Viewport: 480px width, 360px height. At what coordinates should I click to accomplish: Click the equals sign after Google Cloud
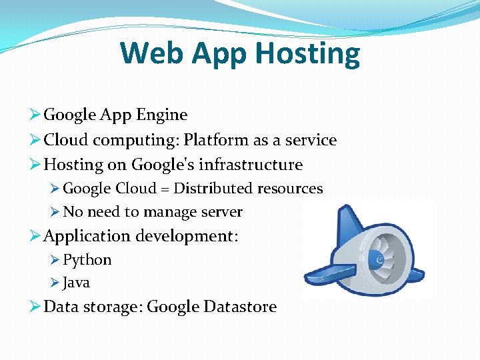(x=164, y=189)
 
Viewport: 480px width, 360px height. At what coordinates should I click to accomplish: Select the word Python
(x=87, y=260)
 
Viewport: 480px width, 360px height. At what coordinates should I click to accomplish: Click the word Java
(x=76, y=283)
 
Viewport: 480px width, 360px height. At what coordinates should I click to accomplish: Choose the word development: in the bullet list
(x=187, y=237)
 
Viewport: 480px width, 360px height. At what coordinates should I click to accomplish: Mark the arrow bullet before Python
(x=55, y=260)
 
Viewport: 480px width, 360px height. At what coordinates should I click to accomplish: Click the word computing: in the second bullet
(x=136, y=141)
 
